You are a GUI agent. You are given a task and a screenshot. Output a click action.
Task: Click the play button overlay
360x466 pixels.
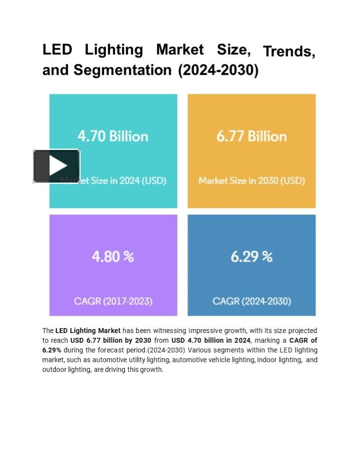coord(56,166)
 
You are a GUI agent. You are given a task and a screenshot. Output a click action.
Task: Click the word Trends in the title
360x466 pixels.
coord(289,51)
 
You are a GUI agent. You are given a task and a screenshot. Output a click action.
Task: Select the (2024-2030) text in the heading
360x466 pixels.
coord(218,70)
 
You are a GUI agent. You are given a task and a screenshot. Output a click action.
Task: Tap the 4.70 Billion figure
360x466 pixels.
coord(113,136)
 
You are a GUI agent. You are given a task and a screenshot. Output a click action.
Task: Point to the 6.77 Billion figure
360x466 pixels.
coord(251,136)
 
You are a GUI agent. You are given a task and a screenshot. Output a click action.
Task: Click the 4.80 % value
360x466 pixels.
coord(113,256)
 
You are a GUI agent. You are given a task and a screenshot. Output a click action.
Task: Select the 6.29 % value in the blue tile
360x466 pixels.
coord(251,256)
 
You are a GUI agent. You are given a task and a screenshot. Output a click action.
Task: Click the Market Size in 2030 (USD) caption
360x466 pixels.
coord(252,181)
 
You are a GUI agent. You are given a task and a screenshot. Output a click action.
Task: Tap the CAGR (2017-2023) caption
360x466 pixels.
coord(113,301)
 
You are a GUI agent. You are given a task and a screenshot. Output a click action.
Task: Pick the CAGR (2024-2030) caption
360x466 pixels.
coord(252,301)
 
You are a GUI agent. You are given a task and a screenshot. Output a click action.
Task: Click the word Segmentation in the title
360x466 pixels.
coord(122,70)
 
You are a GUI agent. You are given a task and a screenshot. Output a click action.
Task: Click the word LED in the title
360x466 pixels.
coord(57,50)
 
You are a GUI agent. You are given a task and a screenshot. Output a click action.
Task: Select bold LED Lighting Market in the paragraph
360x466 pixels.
coord(88,331)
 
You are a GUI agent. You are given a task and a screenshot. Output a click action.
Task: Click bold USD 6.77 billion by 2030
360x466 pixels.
coord(111,340)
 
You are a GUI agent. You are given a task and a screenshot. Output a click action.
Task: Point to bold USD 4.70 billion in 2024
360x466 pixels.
coord(211,340)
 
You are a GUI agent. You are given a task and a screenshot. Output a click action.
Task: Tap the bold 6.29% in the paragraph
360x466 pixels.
coord(52,350)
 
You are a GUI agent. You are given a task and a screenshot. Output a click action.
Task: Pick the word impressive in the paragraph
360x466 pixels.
coord(206,331)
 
